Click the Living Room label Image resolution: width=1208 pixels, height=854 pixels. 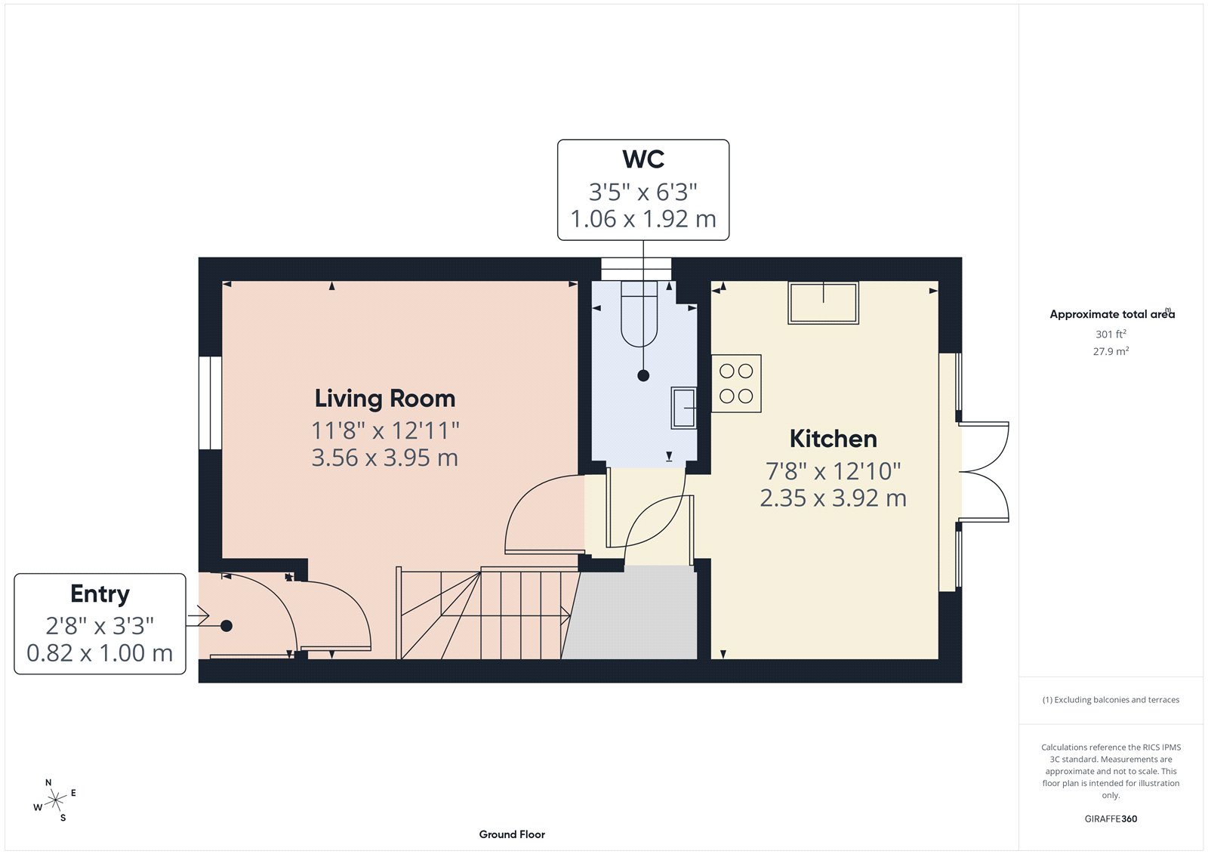pyautogui.click(x=384, y=399)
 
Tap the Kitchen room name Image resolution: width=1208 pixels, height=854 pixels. pyautogui.click(x=833, y=439)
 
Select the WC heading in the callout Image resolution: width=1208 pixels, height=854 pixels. pyautogui.click(x=643, y=160)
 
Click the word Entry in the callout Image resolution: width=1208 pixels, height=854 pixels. pyautogui.click(x=100, y=594)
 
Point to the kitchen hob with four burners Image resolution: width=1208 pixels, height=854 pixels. pyautogui.click(x=736, y=384)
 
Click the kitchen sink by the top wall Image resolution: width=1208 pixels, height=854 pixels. pyautogui.click(x=823, y=303)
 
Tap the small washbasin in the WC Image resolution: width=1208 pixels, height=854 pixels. pyautogui.click(x=683, y=407)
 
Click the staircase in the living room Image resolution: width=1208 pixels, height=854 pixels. pyautogui.click(x=483, y=613)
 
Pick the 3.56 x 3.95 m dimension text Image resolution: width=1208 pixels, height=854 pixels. pyautogui.click(x=384, y=458)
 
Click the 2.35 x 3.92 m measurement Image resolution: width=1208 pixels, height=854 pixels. pyautogui.click(x=833, y=498)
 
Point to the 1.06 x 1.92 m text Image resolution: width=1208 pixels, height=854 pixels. pyautogui.click(x=643, y=220)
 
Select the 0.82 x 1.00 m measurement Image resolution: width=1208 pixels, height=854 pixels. pyautogui.click(x=100, y=653)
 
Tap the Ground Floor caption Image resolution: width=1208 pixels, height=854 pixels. pyautogui.click(x=512, y=834)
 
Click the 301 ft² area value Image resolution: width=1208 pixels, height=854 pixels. pyautogui.click(x=1111, y=334)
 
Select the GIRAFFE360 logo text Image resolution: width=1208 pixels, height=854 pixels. pyautogui.click(x=1111, y=819)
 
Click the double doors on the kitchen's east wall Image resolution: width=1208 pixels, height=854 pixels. pyautogui.click(x=984, y=472)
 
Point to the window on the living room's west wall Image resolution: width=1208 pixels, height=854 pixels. pyautogui.click(x=211, y=403)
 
